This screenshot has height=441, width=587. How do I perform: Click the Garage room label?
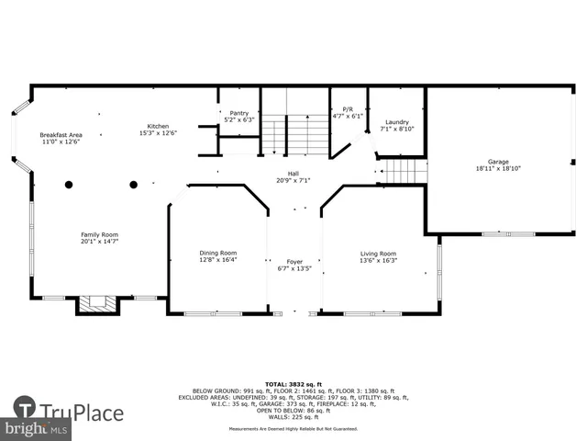coord(498,162)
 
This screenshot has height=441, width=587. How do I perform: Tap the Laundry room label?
coord(397,122)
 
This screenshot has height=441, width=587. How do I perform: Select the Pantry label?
coord(238,113)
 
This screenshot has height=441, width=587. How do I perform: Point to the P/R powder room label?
coord(348,109)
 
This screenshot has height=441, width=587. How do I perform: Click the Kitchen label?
coord(158,126)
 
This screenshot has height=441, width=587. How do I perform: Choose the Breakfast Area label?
coord(61,135)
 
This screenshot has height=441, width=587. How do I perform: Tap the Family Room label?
coord(99,234)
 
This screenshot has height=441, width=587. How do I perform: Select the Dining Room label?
coord(218,253)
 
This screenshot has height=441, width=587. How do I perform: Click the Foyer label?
coord(294,262)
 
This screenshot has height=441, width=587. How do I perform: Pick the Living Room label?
coord(377,254)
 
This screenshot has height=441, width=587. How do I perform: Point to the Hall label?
coord(293,173)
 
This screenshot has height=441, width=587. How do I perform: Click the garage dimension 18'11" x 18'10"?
coord(498,169)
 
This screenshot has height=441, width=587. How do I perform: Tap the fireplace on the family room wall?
coord(97,304)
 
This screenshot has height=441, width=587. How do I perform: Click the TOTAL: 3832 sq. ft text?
coord(293,383)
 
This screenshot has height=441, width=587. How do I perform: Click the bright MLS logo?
coord(37,429)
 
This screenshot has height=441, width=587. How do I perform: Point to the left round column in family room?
coord(69,185)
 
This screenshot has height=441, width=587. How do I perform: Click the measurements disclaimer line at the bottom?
coord(293,428)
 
